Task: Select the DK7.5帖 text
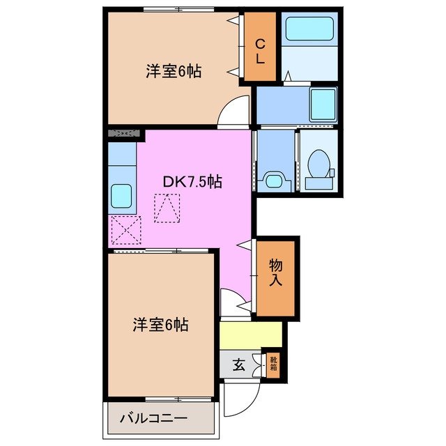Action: click(x=192, y=182)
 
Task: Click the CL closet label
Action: click(x=259, y=50)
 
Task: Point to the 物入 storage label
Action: click(x=276, y=272)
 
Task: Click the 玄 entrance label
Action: click(x=238, y=364)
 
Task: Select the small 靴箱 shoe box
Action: click(x=272, y=363)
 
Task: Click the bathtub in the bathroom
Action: click(x=309, y=30)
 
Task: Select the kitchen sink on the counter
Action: click(x=121, y=194)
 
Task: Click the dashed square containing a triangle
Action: click(x=167, y=208)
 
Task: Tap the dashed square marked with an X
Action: click(x=125, y=230)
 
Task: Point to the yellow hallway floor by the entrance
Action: click(x=251, y=334)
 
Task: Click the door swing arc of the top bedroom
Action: click(x=234, y=112)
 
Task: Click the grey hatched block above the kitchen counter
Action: click(x=125, y=132)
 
